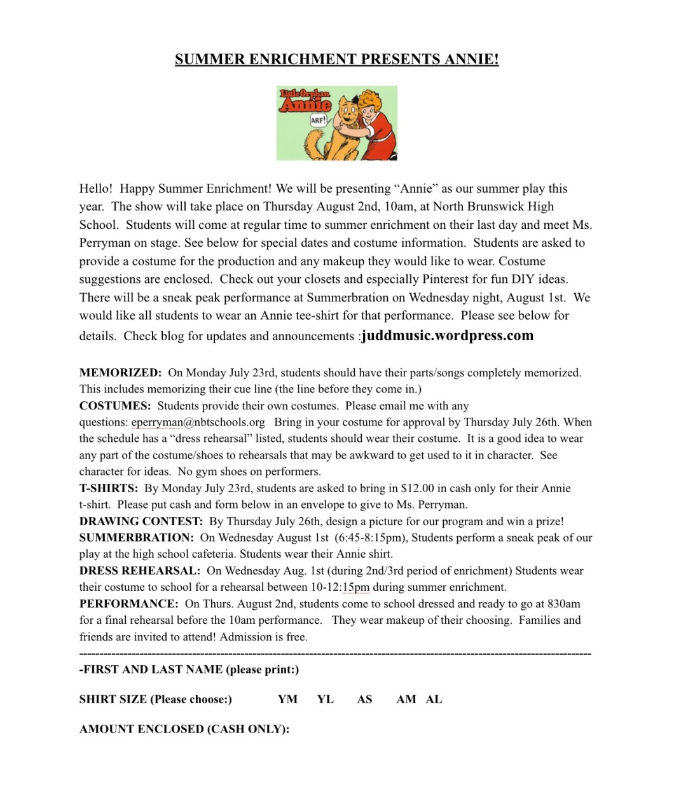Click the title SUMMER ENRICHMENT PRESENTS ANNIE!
(336, 60)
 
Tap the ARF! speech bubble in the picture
(318, 120)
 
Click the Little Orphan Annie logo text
(305, 100)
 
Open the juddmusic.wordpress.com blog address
(448, 336)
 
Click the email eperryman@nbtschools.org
(198, 422)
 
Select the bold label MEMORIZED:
(120, 373)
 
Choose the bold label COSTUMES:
(115, 406)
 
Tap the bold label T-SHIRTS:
(109, 488)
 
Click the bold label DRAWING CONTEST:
(141, 521)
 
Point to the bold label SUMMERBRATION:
(136, 538)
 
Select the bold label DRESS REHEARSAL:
(140, 571)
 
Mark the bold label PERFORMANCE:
(128, 604)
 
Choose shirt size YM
(287, 699)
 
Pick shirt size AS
(364, 699)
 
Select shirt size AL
(434, 699)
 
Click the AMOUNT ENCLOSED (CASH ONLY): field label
(184, 729)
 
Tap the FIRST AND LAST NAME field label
(189, 670)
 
